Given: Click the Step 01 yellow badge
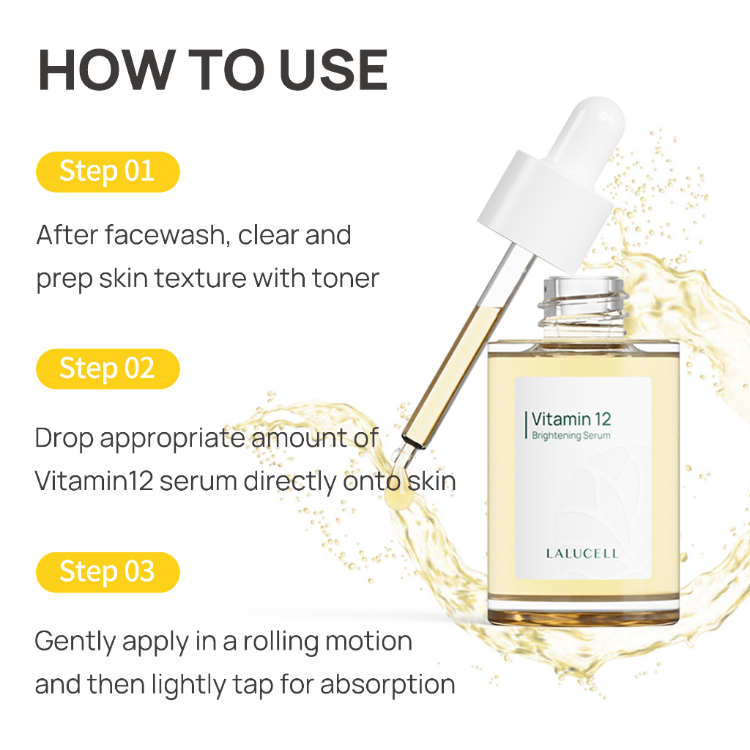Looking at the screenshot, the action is point(108,171).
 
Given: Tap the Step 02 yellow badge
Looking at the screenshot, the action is point(108,369).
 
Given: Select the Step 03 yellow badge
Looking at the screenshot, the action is point(108,572).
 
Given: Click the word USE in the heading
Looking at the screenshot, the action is point(333,70).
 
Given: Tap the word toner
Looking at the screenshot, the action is point(346,278).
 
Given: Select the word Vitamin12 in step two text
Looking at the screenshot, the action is point(94,481).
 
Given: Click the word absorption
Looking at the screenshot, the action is point(387,685).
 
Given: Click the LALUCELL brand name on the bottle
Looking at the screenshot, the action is point(582,554).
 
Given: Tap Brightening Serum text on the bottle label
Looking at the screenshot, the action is point(571,436).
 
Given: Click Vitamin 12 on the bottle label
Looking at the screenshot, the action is point(571,419).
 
